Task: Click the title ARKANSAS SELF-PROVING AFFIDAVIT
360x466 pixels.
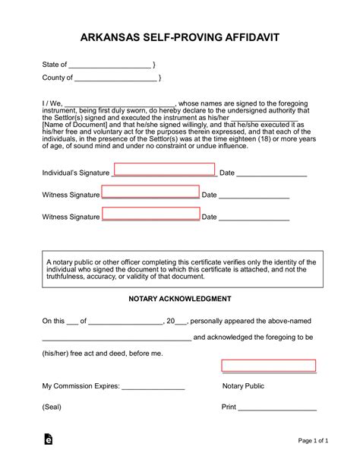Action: [179, 36]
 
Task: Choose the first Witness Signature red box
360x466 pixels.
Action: [150, 192]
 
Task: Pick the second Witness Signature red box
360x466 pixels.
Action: [150, 214]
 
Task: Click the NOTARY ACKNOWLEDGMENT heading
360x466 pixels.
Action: [179, 300]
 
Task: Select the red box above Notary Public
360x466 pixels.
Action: [268, 366]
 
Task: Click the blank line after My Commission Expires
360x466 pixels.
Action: [153, 387]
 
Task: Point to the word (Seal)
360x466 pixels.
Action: [52, 407]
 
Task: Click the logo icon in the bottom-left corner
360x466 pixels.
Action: [49, 440]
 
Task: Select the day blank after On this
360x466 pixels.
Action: [73, 322]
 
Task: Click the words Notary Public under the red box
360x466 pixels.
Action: [243, 386]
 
